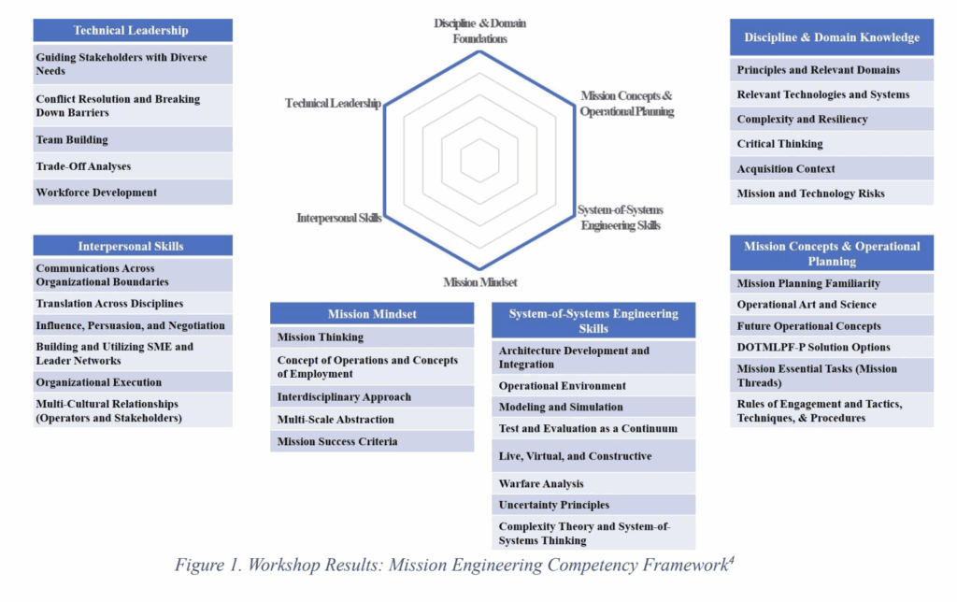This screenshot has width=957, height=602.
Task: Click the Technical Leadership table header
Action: point(133,30)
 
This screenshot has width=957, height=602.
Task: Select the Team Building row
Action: point(133,140)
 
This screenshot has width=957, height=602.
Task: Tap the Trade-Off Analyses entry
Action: point(133,166)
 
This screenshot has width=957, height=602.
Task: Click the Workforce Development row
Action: point(133,193)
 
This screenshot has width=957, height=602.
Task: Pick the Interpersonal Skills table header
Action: point(133,246)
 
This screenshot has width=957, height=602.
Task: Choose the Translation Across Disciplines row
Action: point(133,304)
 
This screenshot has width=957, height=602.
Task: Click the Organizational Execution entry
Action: point(133,382)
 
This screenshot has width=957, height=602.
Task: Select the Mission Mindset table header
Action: point(372,313)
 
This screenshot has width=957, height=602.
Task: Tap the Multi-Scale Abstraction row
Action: point(372,420)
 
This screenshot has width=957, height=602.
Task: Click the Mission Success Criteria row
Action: point(372,441)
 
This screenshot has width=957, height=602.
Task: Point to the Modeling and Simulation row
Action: point(593,407)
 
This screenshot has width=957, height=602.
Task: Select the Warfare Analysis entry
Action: point(593,483)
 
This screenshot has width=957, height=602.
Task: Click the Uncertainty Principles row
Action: point(593,505)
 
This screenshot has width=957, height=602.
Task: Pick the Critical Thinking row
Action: point(831,143)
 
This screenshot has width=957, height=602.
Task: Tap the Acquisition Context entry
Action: point(831,168)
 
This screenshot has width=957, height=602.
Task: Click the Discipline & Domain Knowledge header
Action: point(831,37)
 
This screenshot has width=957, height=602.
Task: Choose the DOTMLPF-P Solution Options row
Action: point(831,347)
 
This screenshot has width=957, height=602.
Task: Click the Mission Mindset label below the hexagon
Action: point(480,282)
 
